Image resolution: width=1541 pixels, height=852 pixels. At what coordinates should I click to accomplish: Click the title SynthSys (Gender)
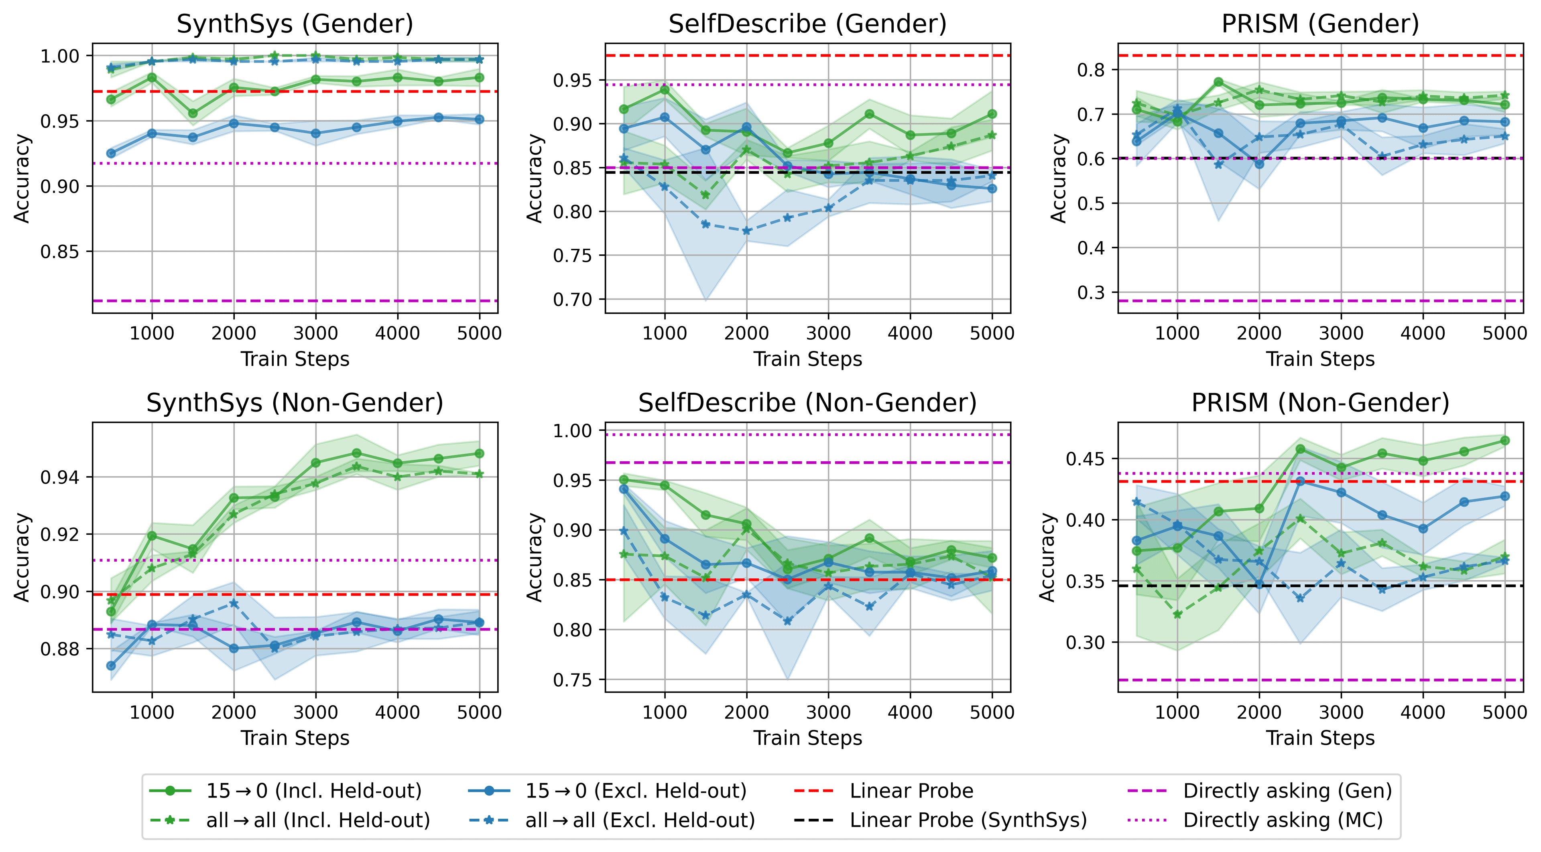coord(295,24)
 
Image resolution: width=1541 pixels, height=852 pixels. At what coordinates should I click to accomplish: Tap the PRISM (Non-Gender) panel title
coord(1320,403)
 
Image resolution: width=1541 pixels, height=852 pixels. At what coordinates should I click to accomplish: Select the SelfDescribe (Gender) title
coord(807,24)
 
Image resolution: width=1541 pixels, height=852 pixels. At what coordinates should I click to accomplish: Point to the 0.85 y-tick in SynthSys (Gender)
coord(59,252)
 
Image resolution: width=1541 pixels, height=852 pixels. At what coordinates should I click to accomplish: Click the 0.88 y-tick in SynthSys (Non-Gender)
coord(59,649)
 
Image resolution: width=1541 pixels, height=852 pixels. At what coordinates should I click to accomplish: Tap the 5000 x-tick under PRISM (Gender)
coord(1504,333)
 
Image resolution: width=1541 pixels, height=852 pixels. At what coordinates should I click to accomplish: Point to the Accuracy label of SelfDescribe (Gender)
coord(534,178)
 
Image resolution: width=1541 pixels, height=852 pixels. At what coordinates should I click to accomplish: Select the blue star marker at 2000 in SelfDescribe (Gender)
coord(746,231)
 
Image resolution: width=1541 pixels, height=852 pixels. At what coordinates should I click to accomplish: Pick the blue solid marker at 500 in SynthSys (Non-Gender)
coord(111,665)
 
